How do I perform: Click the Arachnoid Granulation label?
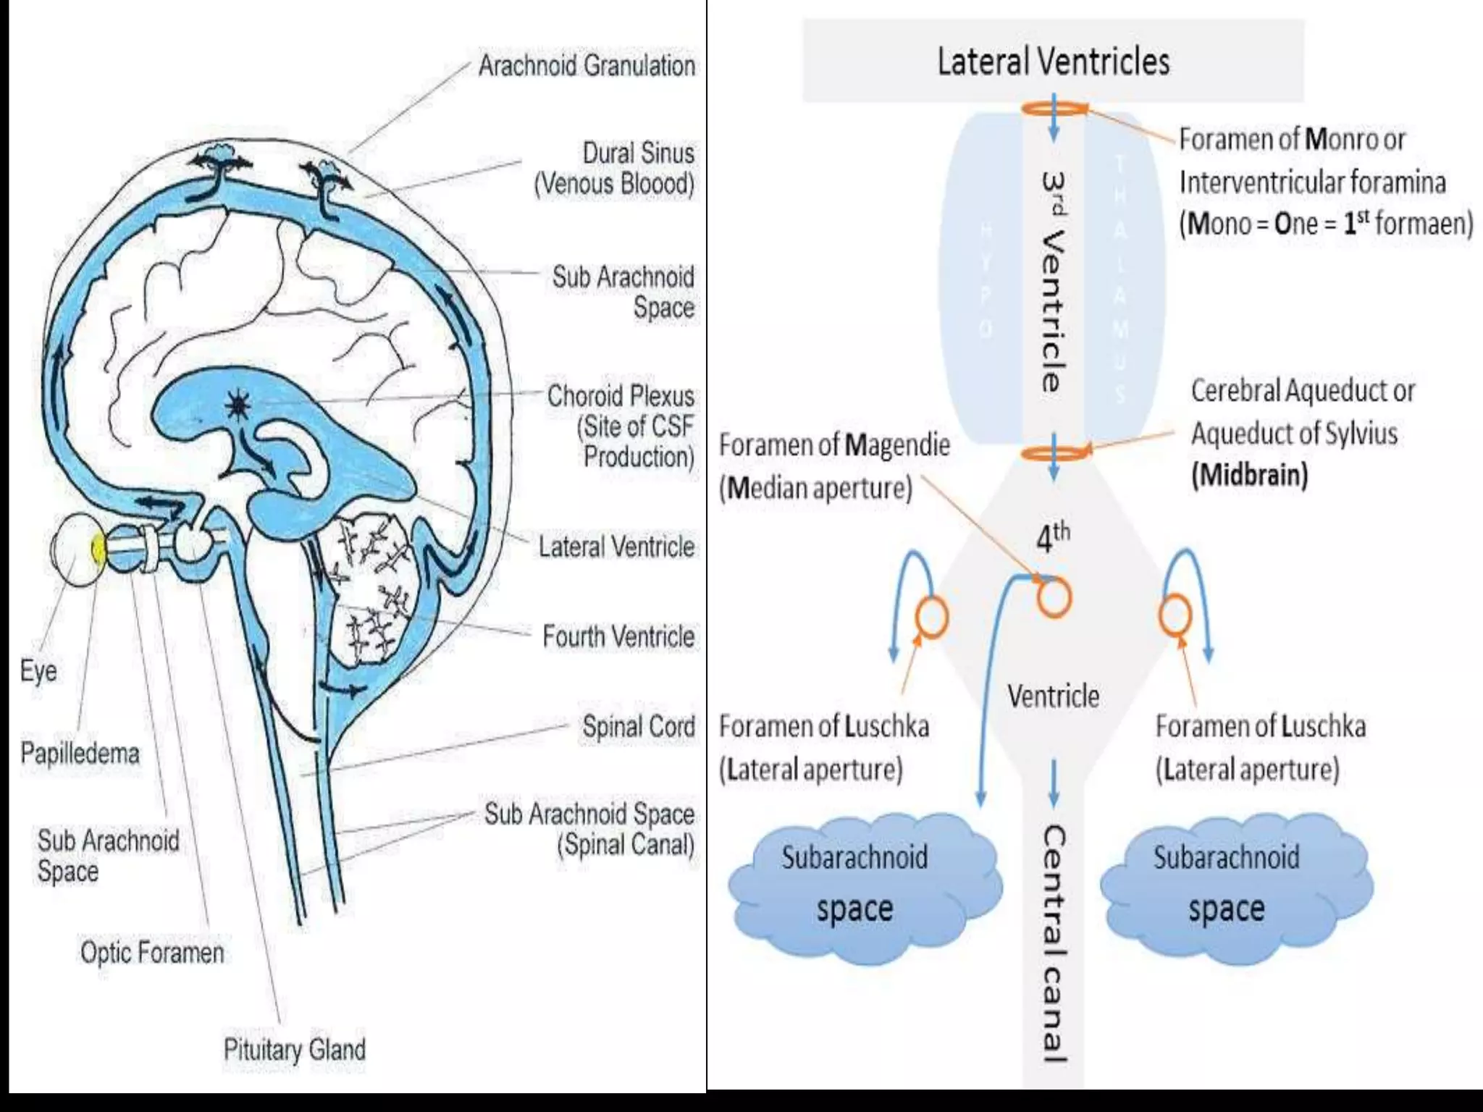coord(586,66)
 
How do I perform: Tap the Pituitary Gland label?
coord(294,1049)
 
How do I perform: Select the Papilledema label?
coord(80,753)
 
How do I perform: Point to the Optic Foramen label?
coord(152,952)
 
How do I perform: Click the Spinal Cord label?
coord(638,726)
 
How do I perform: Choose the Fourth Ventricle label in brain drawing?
coord(618,636)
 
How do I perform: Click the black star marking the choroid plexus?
coord(238,406)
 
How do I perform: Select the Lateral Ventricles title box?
coord(1053,61)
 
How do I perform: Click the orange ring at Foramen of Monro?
coord(1054,109)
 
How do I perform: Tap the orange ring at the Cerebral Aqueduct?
coord(1054,453)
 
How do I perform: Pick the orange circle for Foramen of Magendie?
coord(1054,598)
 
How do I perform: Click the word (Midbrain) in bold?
coord(1249,475)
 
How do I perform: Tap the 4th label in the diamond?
coord(1052,537)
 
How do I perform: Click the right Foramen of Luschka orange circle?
coord(1175,615)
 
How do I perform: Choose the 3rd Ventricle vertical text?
coord(1054,282)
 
